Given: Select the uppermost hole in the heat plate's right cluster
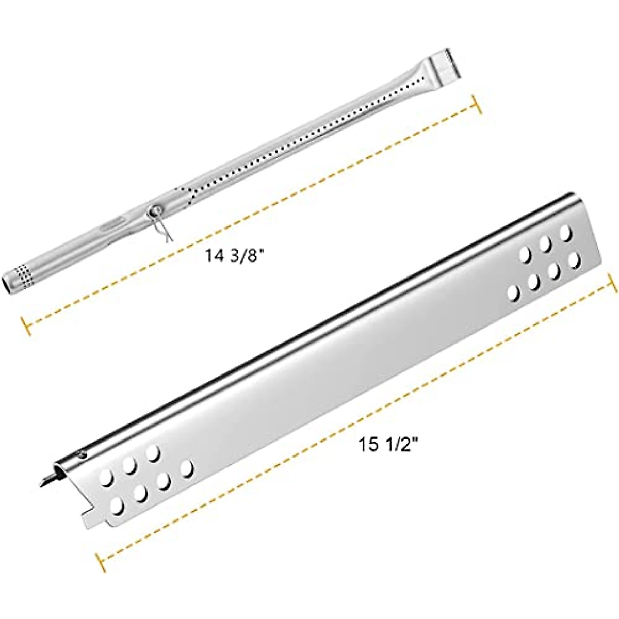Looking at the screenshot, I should (x=566, y=232).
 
